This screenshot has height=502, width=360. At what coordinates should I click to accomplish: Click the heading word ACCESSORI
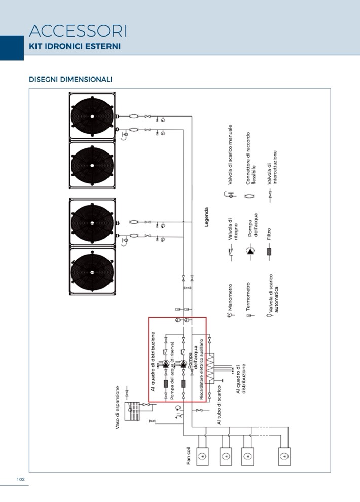78,31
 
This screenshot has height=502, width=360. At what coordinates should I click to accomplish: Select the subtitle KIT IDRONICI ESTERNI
75,46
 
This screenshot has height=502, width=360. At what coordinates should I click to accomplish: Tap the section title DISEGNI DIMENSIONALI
70,80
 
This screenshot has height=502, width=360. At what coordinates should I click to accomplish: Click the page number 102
21,479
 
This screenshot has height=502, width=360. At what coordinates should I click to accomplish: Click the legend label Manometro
230,297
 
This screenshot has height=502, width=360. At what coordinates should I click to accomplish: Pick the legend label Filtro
269,233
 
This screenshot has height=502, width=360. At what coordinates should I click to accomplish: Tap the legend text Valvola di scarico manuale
230,154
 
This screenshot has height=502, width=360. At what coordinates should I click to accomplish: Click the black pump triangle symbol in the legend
249,252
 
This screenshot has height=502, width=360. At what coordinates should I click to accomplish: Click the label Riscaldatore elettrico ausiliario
201,370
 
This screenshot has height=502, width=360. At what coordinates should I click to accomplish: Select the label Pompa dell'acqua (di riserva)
172,371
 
